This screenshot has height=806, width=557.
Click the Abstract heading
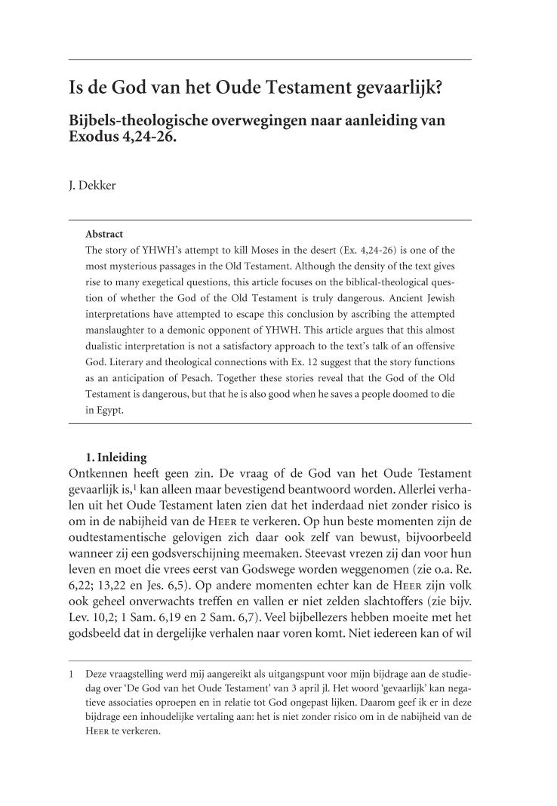(104, 234)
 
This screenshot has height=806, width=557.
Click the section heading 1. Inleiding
(118, 457)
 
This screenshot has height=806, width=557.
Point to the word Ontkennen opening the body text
(104, 473)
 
